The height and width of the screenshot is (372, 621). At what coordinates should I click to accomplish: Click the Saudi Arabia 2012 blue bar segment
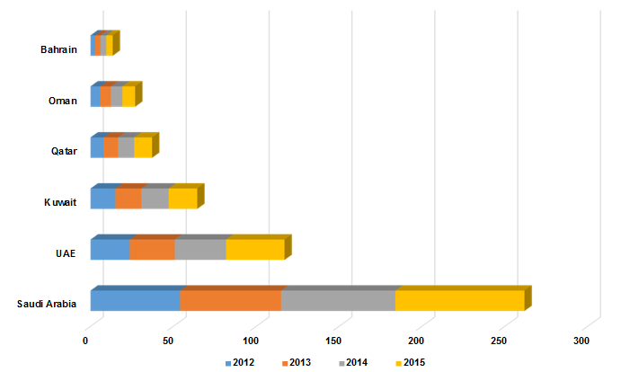[x=135, y=301]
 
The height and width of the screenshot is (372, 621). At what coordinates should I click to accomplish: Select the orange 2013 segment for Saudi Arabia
[x=230, y=301]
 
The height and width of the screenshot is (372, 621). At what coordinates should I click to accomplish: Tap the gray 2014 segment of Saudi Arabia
[x=338, y=301]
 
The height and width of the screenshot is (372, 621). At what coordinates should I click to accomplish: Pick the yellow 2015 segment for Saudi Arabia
[x=459, y=301]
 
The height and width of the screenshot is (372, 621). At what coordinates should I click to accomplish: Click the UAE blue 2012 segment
[x=110, y=250]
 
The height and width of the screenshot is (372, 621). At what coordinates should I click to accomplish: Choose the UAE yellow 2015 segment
[x=254, y=250]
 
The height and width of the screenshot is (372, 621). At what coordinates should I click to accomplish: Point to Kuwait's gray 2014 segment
[x=155, y=199]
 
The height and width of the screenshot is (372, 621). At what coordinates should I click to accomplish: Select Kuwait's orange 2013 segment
[x=129, y=199]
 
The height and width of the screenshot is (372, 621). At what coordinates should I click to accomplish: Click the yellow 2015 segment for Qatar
[x=143, y=147]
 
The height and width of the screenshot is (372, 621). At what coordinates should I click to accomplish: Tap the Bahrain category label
[x=58, y=49]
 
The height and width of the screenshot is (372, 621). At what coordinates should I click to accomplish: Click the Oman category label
[x=62, y=100]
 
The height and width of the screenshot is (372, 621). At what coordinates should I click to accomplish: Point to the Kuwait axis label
[x=60, y=202]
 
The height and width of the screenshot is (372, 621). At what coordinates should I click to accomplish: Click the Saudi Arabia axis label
[x=47, y=304]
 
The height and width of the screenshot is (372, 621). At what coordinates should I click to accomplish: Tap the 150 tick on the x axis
[x=334, y=341]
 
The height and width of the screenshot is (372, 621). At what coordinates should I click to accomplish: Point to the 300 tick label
[x=581, y=341]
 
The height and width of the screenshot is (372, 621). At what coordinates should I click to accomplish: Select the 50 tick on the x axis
[x=169, y=341]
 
